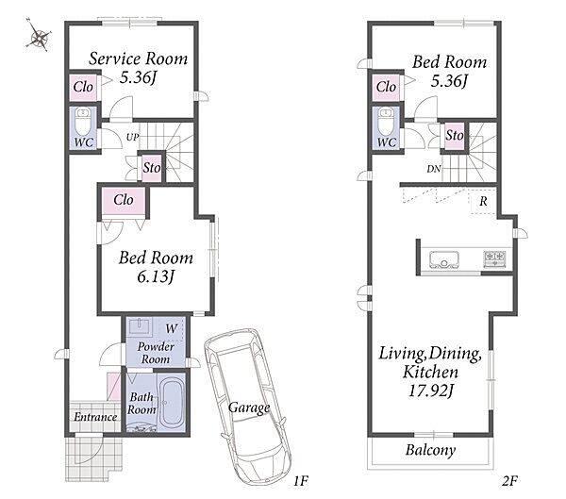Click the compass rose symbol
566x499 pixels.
39,35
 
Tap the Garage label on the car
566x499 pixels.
249,408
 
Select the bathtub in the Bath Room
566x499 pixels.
173,403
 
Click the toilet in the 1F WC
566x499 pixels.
83,122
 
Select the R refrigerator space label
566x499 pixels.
483,201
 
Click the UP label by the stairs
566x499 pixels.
132,137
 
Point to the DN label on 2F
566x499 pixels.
434,169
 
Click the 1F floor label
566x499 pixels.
300,480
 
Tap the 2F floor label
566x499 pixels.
509,480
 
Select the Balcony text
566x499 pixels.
430,450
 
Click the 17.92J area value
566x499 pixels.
431,391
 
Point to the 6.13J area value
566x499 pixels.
156,277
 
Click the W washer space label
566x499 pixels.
172,328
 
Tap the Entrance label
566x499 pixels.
95,417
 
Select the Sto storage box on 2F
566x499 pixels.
455,136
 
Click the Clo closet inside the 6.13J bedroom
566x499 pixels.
124,200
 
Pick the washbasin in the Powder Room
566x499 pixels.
141,326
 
